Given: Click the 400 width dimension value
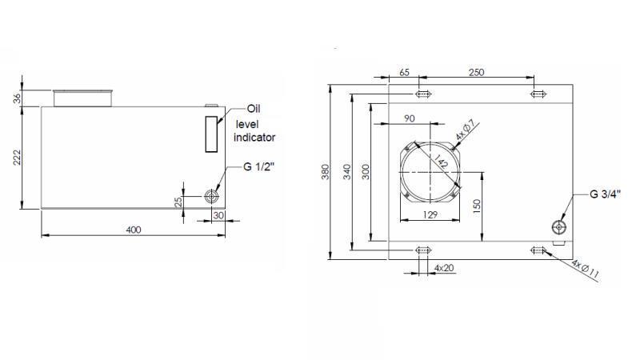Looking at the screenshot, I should (133, 230).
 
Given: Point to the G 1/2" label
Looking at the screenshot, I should (261, 167).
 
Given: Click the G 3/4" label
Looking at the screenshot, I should (606, 194).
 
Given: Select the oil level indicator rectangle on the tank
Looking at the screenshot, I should (210, 134).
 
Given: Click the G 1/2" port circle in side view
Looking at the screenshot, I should (212, 197).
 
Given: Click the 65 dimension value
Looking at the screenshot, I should (404, 72).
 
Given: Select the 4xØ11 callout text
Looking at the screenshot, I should (586, 268).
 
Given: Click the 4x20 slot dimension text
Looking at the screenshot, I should (444, 267).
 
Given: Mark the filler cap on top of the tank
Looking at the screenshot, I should (82, 98).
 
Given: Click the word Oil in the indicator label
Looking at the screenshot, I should (254, 110).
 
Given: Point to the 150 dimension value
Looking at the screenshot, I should (476, 206).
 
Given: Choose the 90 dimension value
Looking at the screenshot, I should (409, 118).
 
